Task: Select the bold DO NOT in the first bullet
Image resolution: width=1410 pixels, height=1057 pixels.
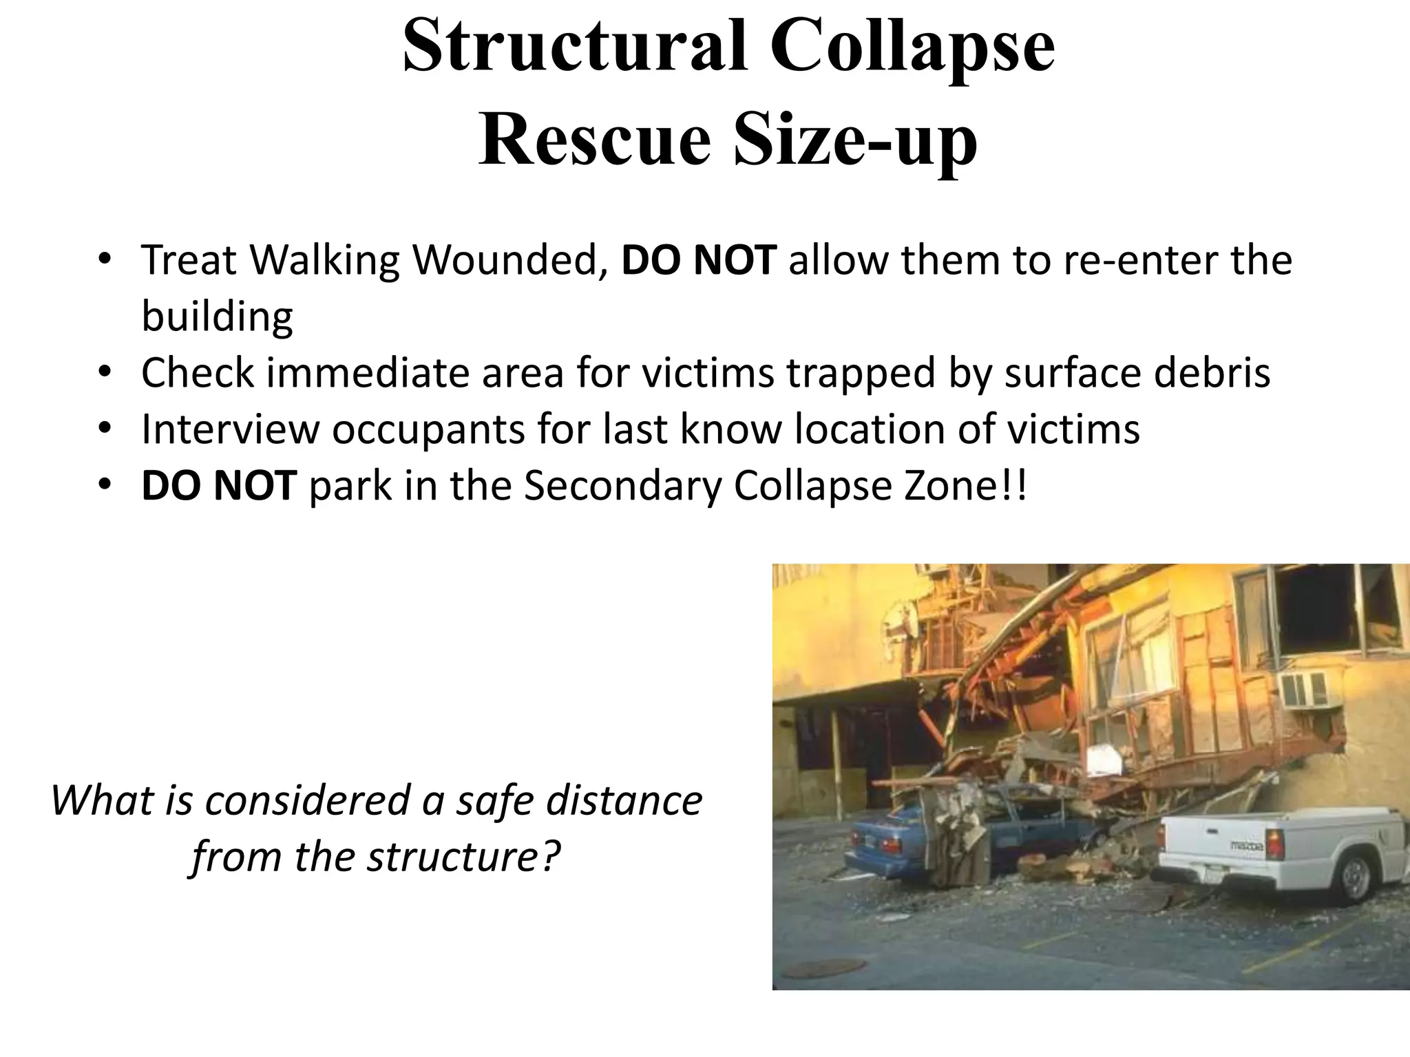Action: (699, 261)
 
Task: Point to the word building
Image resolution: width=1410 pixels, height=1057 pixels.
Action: (217, 317)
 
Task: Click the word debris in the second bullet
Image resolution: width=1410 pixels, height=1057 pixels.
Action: (1212, 374)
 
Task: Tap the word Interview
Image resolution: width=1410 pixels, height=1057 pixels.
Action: (230, 429)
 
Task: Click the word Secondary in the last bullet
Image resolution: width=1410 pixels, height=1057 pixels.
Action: (622, 486)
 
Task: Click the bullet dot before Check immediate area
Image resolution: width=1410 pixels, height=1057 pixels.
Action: (104, 372)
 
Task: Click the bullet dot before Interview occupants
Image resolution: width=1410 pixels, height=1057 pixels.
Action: (104, 429)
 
